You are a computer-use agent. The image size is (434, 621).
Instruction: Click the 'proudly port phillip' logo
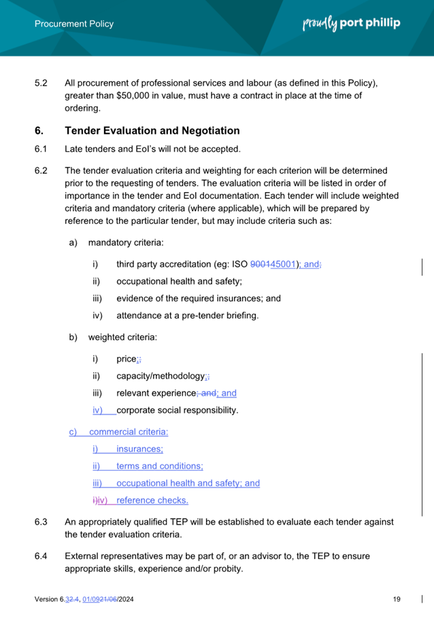pos(351,23)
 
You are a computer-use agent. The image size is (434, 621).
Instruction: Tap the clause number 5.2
pos(41,84)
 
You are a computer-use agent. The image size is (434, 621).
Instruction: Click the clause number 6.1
pos(41,149)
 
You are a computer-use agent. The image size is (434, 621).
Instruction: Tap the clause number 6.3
pos(41,523)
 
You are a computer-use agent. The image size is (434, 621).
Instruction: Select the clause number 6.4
pos(41,556)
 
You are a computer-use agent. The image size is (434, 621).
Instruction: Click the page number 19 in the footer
pos(397,599)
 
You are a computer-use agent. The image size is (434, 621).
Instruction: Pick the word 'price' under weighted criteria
pos(127,360)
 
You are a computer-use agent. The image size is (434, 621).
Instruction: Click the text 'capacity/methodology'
pos(161,377)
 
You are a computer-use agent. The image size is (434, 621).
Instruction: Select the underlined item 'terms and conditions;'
pos(160,466)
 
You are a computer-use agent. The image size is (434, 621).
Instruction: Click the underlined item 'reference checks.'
pos(152,500)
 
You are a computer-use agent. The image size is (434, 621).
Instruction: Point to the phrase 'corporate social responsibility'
pos(177,411)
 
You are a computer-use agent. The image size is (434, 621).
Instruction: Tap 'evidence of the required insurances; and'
pos(198,298)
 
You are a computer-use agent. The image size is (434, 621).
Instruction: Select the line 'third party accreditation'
pos(170,264)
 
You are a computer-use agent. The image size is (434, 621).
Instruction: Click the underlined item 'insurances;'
pos(139,449)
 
